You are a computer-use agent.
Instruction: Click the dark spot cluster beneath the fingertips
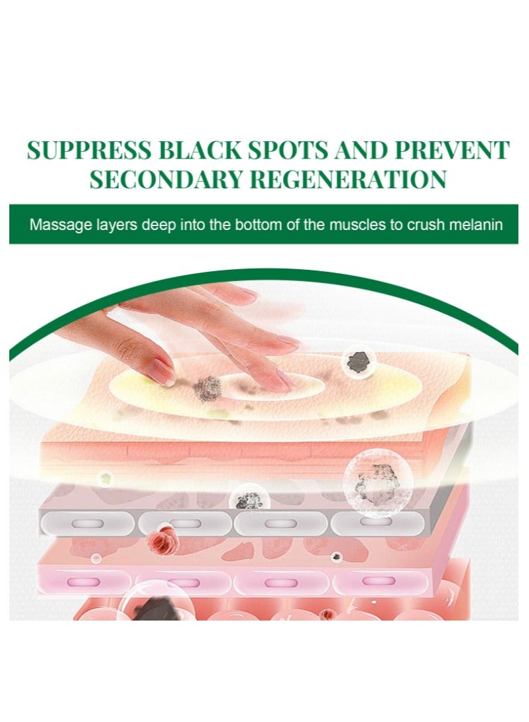click(207, 388)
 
